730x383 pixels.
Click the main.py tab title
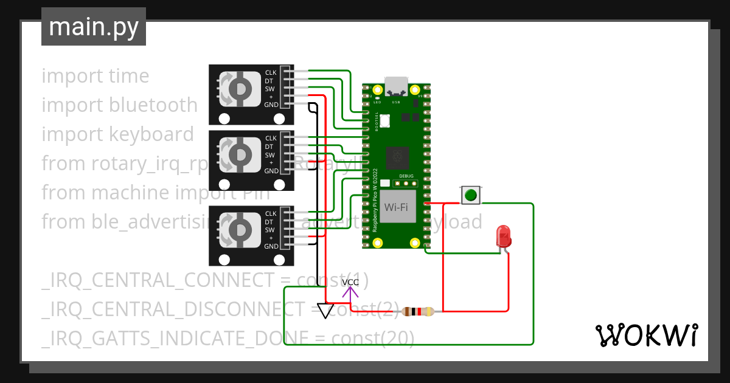tap(93, 27)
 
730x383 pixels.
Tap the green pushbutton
tap(470, 195)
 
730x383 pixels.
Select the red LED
tap(503, 236)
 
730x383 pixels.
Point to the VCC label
tap(350, 282)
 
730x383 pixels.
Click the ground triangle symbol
tap(325, 311)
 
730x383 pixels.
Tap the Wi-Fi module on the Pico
tap(396, 207)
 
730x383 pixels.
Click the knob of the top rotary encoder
tap(238, 89)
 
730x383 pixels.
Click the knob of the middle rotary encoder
tap(238, 155)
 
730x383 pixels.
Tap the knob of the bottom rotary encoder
tap(238, 230)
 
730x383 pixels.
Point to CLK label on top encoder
tap(271, 73)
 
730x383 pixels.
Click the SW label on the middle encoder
tap(269, 155)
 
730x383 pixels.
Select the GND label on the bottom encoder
tap(271, 246)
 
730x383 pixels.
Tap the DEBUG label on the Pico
tap(406, 176)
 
